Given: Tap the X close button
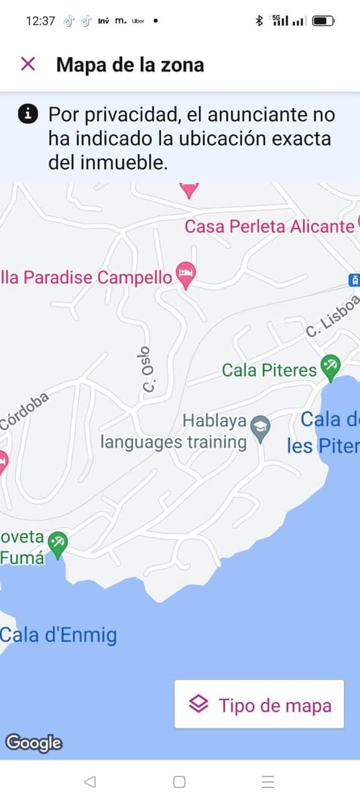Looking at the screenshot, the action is click(x=27, y=64).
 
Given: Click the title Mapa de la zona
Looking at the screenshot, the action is click(x=130, y=64).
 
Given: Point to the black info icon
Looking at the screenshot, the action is click(x=27, y=114).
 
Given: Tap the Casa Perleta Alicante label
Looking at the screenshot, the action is click(x=269, y=226).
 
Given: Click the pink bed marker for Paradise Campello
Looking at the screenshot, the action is click(x=186, y=274).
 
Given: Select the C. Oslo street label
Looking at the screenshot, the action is click(x=148, y=371).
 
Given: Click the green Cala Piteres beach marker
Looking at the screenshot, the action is click(x=330, y=366).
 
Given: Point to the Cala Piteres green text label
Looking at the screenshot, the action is click(x=269, y=370).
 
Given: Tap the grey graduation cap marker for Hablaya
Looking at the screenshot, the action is click(x=259, y=425).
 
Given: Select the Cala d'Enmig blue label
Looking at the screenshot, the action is click(x=58, y=635).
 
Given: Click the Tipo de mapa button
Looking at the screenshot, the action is click(x=259, y=704).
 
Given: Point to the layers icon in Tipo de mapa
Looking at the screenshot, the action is click(x=199, y=704).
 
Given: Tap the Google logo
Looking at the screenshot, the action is click(x=34, y=742).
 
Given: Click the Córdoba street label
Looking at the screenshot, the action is click(x=24, y=411).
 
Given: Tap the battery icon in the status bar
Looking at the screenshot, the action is click(x=322, y=21).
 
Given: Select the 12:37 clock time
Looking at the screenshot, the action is click(x=40, y=21).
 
